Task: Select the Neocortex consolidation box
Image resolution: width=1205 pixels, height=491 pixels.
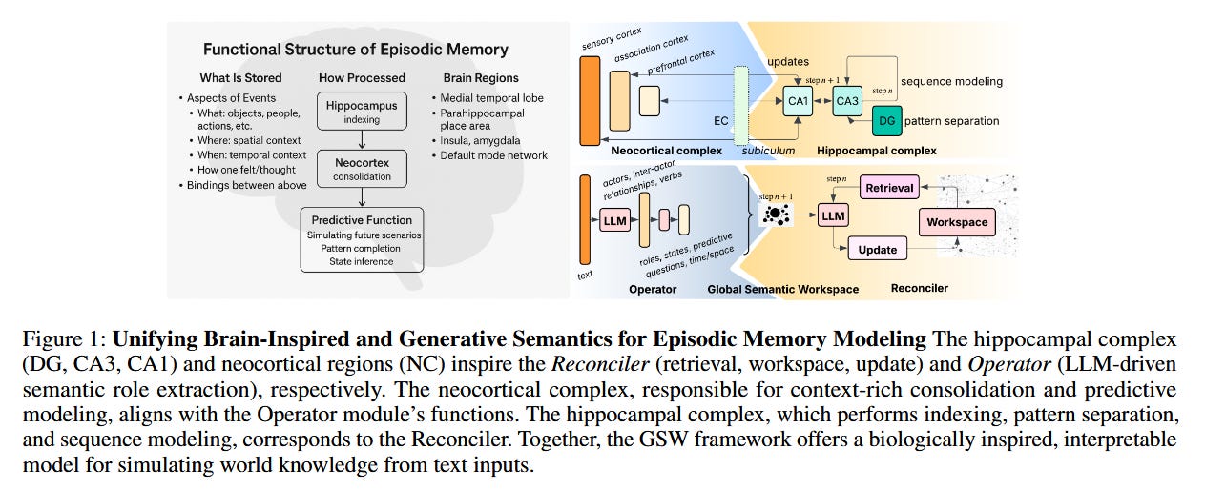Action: click(362, 170)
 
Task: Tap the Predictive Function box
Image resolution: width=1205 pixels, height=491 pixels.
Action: click(362, 240)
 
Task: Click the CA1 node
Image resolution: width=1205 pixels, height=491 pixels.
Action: click(798, 100)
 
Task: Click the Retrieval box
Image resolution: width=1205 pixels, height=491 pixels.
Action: click(889, 188)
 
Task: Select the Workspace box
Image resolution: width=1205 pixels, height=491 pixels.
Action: click(957, 223)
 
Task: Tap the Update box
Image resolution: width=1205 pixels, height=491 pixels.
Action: click(877, 250)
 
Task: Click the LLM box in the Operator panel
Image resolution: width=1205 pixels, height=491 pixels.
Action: click(615, 221)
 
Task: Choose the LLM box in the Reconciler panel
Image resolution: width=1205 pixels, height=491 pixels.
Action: click(833, 216)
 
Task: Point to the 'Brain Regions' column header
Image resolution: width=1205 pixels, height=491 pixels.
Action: click(482, 77)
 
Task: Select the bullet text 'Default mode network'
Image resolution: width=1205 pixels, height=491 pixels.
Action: click(494, 155)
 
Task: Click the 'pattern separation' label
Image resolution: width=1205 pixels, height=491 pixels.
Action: click(951, 122)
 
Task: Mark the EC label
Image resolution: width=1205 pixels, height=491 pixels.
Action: click(721, 121)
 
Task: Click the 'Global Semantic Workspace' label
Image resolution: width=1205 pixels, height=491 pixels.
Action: click(782, 289)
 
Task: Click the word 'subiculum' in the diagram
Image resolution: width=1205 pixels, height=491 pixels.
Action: click(768, 151)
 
